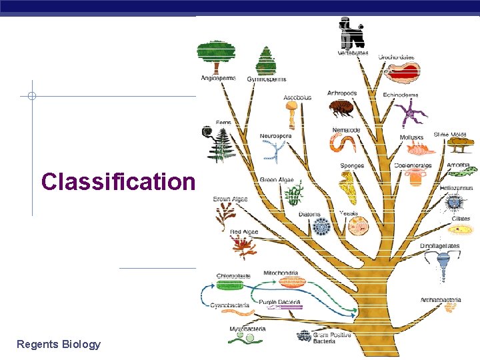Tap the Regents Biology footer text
(59, 344)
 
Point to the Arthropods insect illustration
(343, 108)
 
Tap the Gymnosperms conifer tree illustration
(266, 61)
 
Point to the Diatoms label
(309, 215)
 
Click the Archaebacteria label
(441, 300)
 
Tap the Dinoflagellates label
(440, 246)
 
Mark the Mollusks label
(411, 138)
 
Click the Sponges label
(352, 166)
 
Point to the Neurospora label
(275, 136)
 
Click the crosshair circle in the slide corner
(31, 96)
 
